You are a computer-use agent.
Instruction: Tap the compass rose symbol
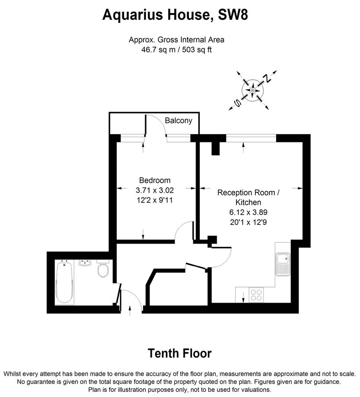(253, 90)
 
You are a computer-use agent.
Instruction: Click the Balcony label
(178, 120)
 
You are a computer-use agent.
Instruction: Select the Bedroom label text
(154, 180)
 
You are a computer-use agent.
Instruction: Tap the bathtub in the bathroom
(65, 282)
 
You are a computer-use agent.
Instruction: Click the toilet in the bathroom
(103, 270)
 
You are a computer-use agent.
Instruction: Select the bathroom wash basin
(85, 263)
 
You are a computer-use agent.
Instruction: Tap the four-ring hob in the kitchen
(256, 294)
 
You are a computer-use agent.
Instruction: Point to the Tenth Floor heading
(179, 353)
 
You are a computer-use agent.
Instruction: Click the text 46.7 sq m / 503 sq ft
(176, 50)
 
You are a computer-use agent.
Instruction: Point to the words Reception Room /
(248, 193)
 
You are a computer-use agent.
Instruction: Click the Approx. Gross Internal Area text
(176, 40)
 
